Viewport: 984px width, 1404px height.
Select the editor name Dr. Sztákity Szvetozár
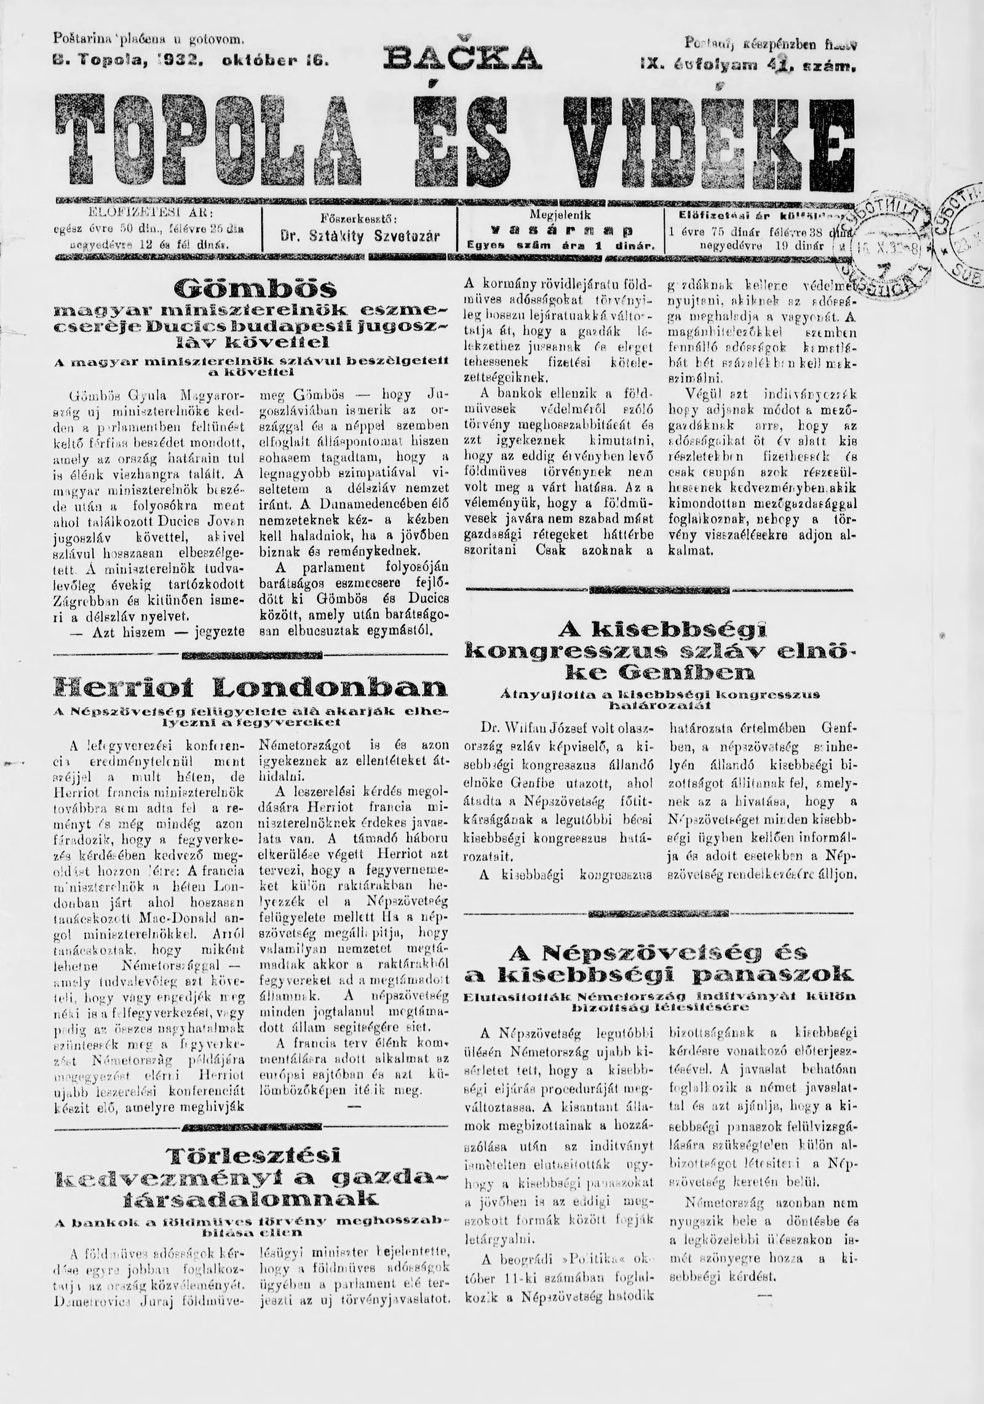pos(360,236)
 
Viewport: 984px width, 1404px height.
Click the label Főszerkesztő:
pos(360,218)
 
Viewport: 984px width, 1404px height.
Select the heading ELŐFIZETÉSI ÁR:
pos(151,213)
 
